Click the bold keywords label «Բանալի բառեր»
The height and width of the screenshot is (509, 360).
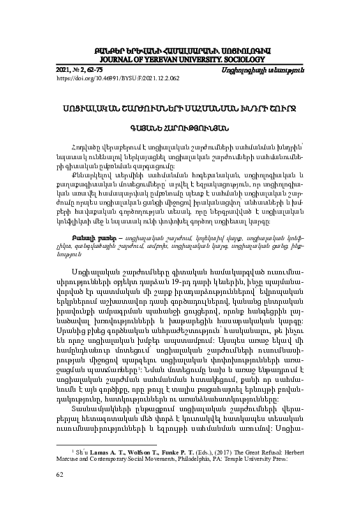pyautogui.click(x=93, y=198)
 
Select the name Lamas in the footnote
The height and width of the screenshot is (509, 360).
pyautogui.click(x=109, y=434)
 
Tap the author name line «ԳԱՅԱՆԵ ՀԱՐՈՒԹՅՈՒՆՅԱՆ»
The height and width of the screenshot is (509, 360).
pyautogui.click(x=179, y=128)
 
